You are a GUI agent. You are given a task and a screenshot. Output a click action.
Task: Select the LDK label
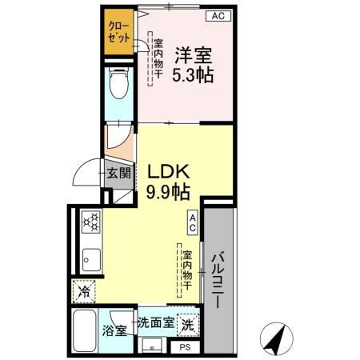tap(167, 172)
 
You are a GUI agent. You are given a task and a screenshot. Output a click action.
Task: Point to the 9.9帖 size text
tap(167, 192)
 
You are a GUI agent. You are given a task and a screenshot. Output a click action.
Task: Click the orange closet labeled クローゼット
tap(119, 33)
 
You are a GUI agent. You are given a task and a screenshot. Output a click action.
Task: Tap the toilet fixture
tap(119, 83)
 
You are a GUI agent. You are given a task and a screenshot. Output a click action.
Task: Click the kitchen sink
tap(89, 258)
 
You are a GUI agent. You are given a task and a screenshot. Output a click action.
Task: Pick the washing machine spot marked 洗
tap(186, 325)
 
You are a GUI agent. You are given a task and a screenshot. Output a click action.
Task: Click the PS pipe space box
tap(185, 347)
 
